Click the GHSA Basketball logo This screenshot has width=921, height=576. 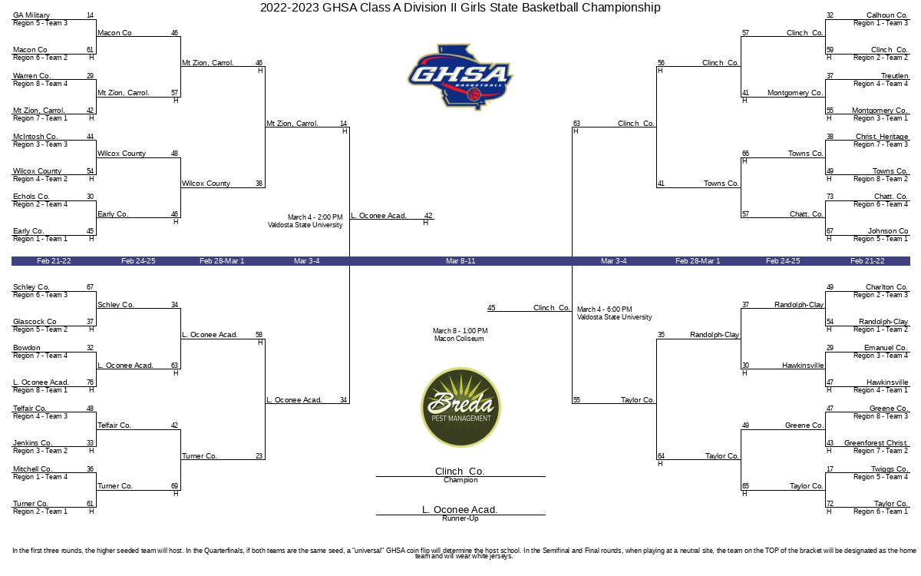point(460,77)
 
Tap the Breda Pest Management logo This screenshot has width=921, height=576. point(460,407)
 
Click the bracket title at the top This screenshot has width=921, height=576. point(460,8)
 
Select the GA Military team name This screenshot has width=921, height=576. point(31,15)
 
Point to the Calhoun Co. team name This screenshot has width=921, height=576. point(887,15)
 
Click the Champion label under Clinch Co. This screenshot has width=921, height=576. point(460,480)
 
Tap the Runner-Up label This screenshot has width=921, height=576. point(460,518)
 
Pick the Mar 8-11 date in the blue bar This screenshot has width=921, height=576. point(460,261)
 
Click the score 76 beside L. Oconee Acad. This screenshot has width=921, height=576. point(90,382)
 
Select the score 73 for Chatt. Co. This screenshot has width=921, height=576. point(830,197)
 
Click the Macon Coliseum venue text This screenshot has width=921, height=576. point(459,339)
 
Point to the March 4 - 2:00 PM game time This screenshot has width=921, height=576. point(315,217)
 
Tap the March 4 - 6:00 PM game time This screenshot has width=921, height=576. point(605,309)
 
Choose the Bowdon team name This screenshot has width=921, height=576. point(27,348)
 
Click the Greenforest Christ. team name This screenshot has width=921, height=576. point(876,443)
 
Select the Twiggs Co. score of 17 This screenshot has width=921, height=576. point(830,469)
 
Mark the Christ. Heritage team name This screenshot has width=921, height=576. point(882,137)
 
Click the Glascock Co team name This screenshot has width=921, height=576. point(35,322)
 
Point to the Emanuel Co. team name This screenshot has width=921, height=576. point(886,348)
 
